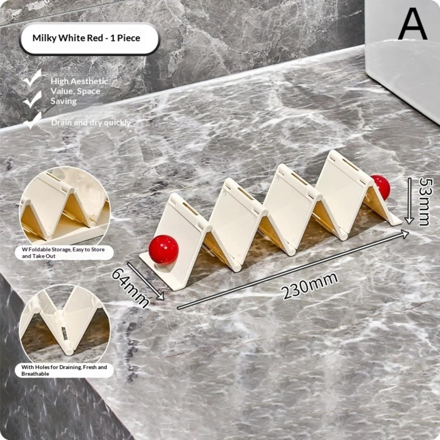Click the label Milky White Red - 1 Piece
[x=86, y=38]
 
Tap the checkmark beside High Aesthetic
[x=32, y=78]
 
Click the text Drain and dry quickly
[x=91, y=123]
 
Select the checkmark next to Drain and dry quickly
[x=33, y=121]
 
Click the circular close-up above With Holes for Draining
[x=65, y=324]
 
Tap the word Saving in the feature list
[x=64, y=101]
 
